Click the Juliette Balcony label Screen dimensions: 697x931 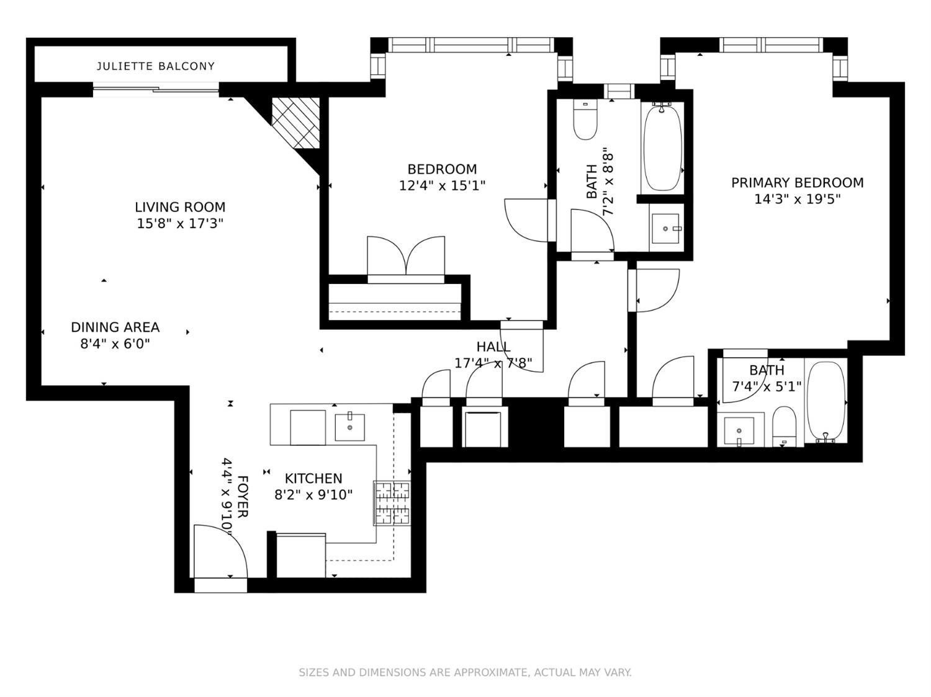[155, 66]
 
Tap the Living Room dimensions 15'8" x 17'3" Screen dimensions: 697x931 [180, 223]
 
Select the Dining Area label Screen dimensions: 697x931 [115, 327]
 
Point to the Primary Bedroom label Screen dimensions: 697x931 [797, 182]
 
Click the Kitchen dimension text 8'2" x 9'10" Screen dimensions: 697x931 [313, 495]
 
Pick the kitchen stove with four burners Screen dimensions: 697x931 [392, 503]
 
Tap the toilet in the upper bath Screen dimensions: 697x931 [585, 120]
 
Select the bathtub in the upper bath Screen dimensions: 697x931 [662, 148]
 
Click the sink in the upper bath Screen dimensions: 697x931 [666, 228]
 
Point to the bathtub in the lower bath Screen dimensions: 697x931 [825, 401]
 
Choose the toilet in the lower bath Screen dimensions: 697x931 [785, 425]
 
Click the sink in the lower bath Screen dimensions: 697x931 [739, 430]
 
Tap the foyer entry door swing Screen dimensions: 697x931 [220, 552]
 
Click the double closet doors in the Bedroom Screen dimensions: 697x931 [406, 257]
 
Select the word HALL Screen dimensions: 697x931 [493, 347]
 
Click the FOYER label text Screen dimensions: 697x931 [243, 497]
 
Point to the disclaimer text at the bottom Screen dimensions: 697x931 [465, 672]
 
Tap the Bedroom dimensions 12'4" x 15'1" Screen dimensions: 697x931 [442, 185]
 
